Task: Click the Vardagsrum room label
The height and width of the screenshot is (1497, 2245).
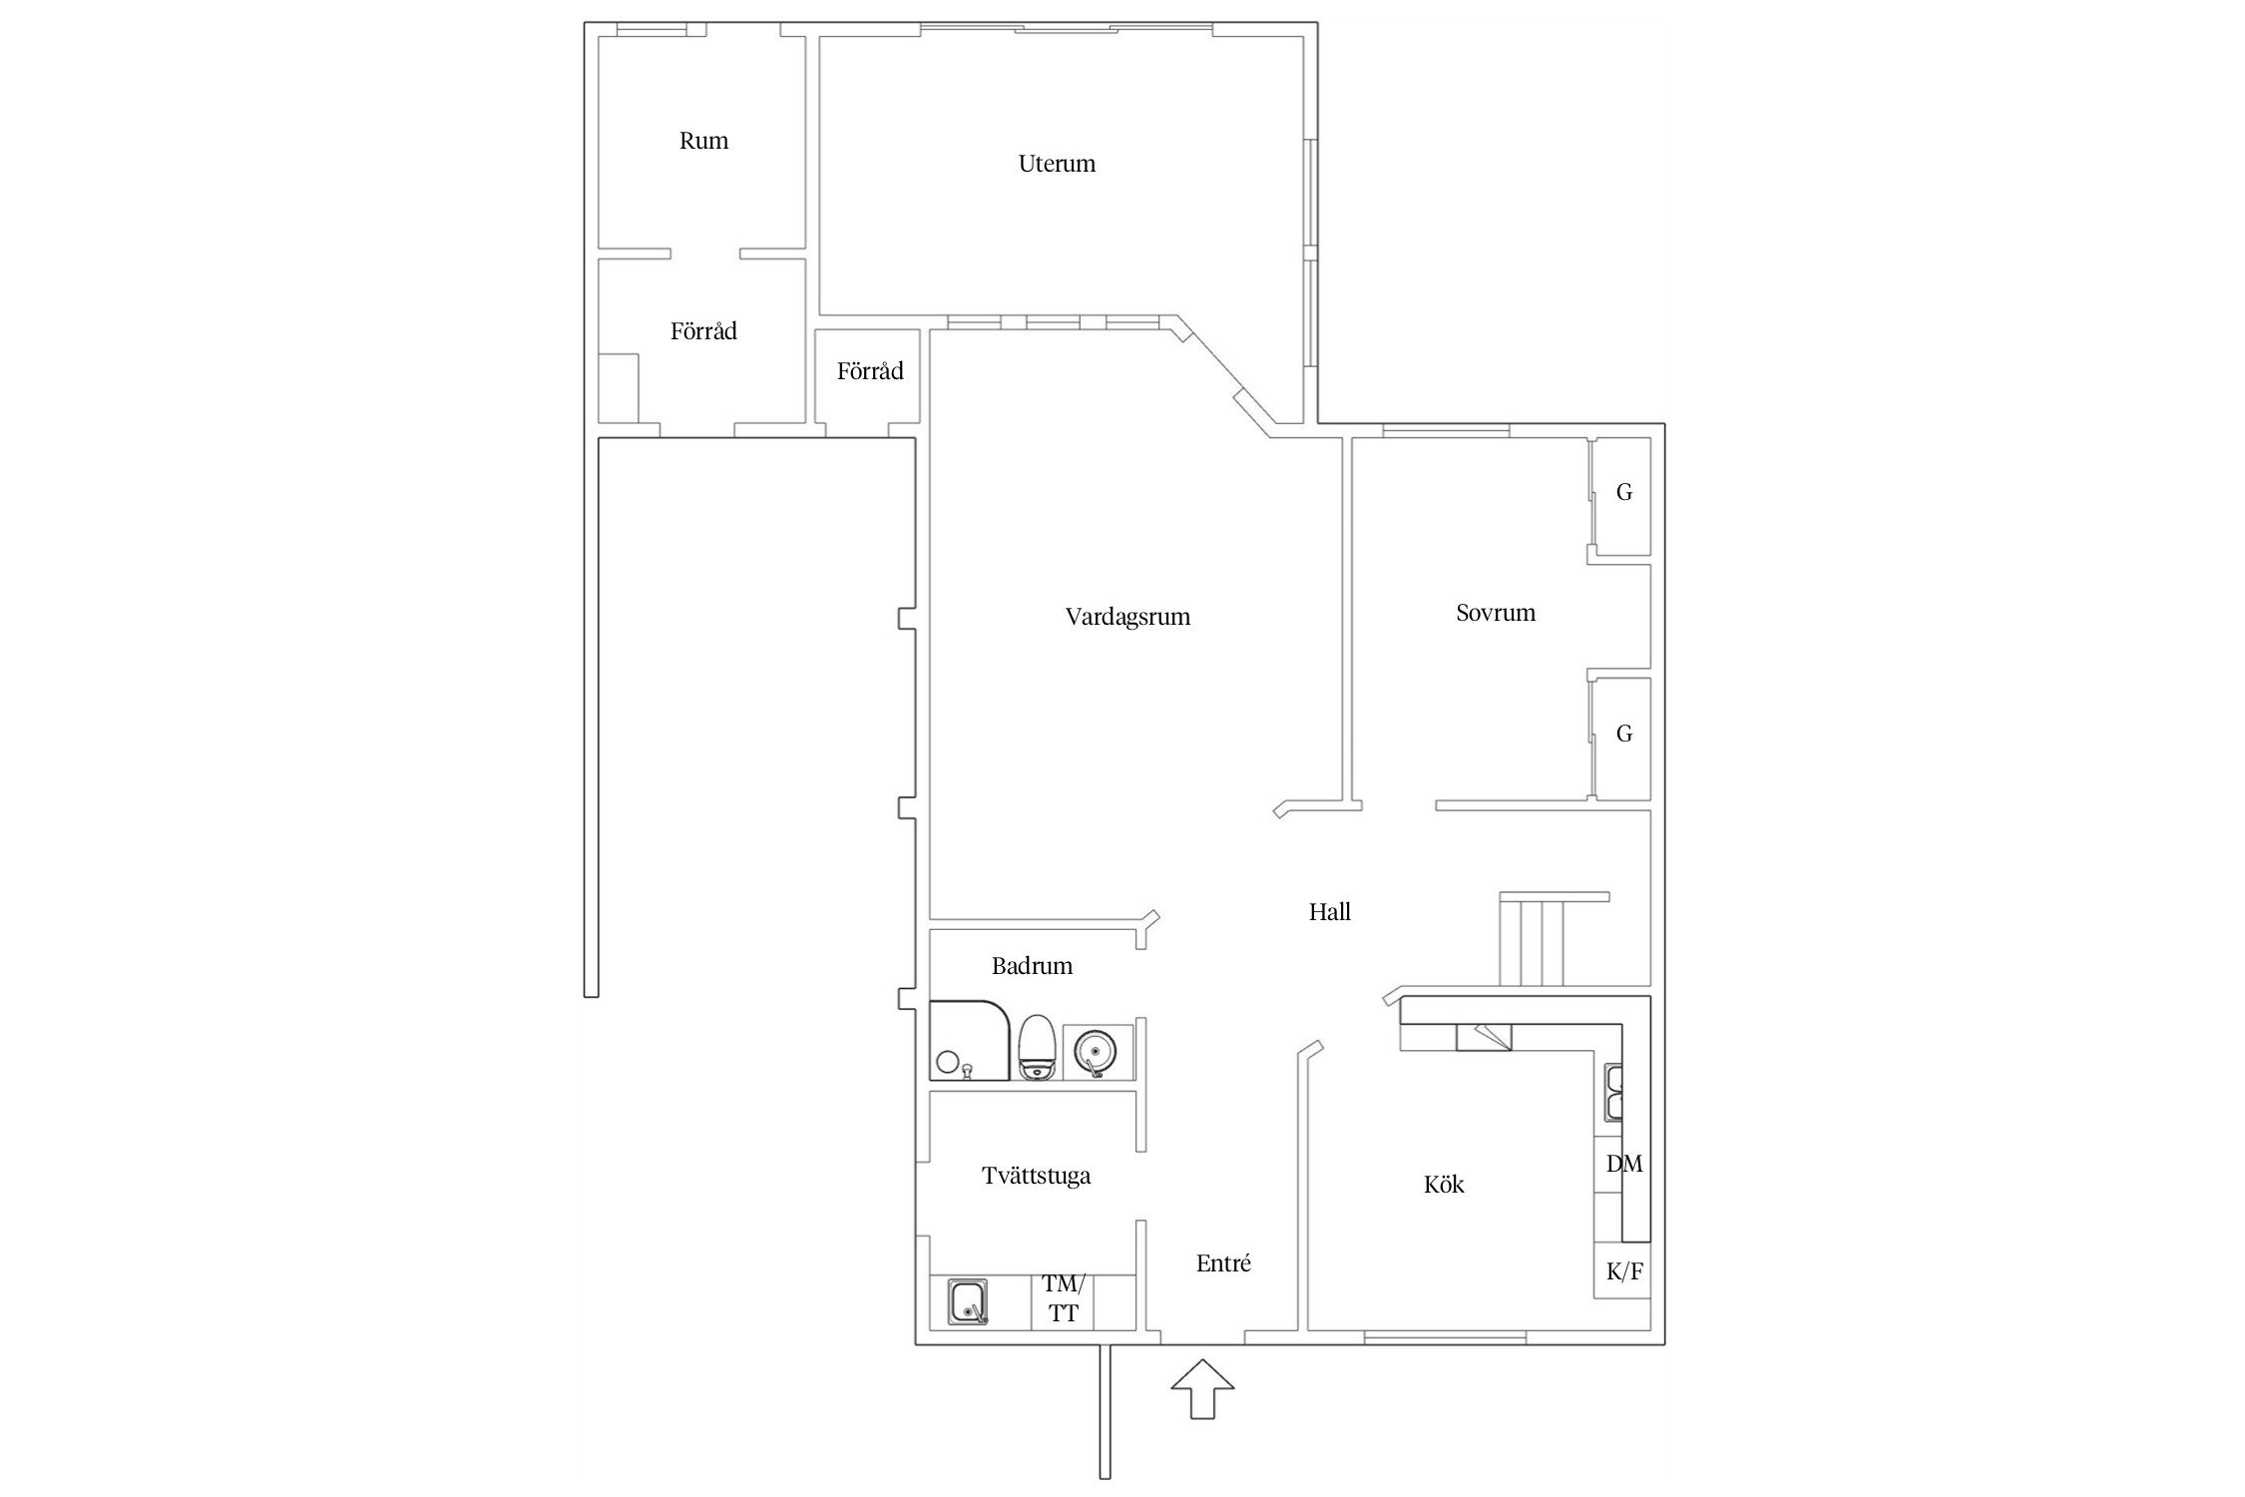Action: point(1127,617)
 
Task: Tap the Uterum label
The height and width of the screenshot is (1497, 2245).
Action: point(1057,164)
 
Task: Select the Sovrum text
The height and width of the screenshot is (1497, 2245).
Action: point(1495,613)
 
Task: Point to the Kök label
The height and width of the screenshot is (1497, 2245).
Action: point(1444,1185)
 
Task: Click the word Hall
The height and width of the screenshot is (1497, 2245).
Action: point(1329,911)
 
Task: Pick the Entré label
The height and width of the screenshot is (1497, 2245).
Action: point(1223,1263)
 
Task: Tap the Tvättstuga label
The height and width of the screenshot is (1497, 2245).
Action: point(1036,1176)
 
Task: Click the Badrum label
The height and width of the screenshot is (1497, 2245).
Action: point(1032,965)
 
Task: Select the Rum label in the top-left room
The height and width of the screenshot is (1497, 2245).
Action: point(703,141)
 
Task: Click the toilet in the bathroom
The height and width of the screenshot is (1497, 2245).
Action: point(1037,1047)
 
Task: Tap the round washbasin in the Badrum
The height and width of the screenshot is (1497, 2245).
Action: point(1095,1052)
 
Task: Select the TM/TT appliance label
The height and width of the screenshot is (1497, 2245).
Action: point(1063,1298)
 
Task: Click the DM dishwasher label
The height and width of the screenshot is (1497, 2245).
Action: point(1624,1164)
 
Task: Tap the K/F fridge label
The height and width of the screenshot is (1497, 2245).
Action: point(1624,1272)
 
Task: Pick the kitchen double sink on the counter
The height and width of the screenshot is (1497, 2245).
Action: point(1613,1093)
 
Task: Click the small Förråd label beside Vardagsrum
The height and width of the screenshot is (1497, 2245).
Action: point(870,371)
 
